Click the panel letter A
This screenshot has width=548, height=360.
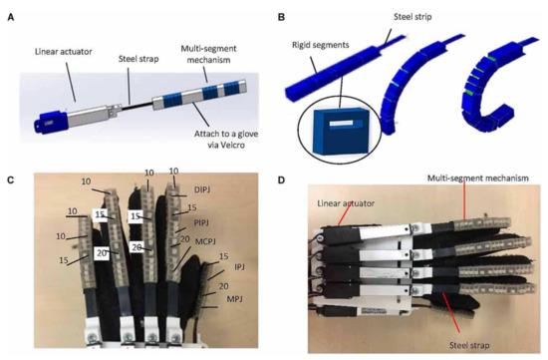[x=9, y=10]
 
